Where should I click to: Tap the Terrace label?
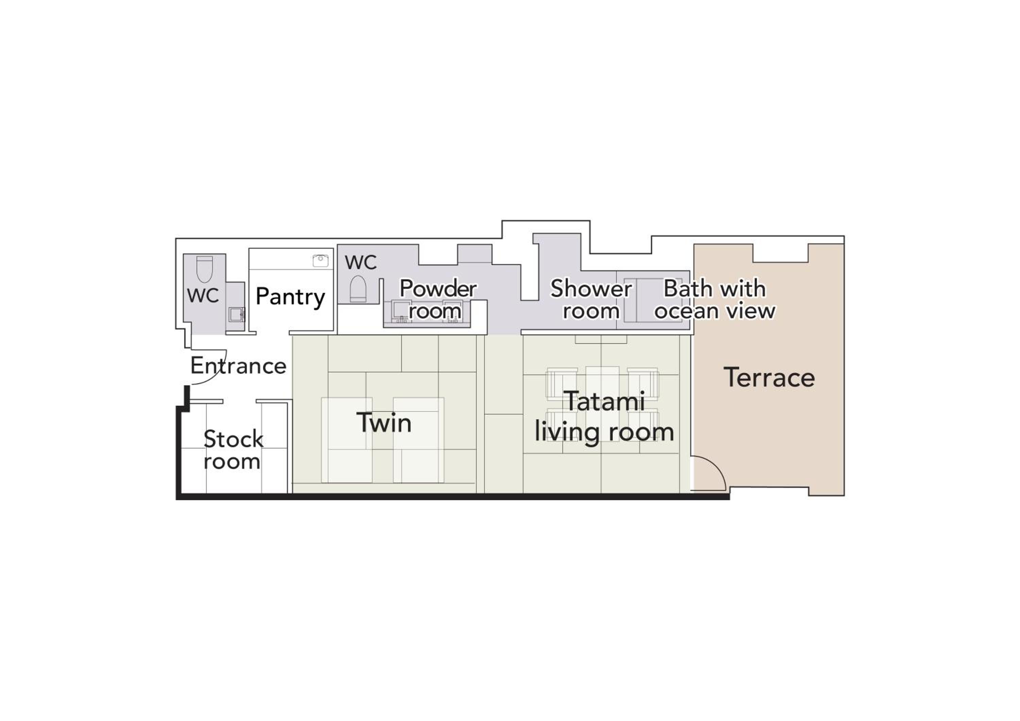click(769, 378)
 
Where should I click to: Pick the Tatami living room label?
click(604, 417)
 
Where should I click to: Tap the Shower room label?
click(591, 300)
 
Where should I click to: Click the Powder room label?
click(438, 300)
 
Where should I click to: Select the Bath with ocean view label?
click(715, 300)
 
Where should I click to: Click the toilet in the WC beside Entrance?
click(204, 269)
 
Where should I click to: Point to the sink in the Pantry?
click(320, 261)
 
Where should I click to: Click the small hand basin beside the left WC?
click(236, 314)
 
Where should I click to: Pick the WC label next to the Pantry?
click(203, 295)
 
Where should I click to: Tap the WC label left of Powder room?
click(361, 262)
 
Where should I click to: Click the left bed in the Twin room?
click(346, 440)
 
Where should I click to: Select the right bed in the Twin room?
click(419, 440)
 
